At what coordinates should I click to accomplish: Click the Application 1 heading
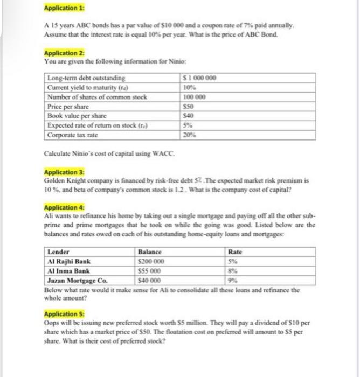pyautogui.click(x=60, y=10)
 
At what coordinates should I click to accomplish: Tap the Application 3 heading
pyautogui.click(x=60, y=172)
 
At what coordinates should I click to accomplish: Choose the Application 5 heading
pyautogui.click(x=60, y=313)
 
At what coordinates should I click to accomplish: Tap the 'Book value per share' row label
pyautogui.click(x=77, y=115)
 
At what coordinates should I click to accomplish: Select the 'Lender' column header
pyautogui.click(x=58, y=252)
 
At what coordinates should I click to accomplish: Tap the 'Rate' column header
pyautogui.click(x=236, y=252)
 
